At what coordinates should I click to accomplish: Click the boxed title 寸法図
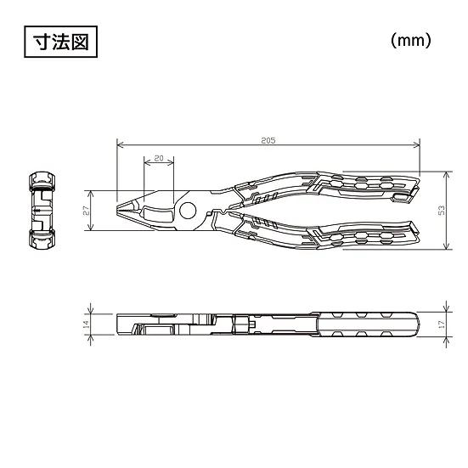tap(55, 41)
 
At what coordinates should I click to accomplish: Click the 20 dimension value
tap(159, 159)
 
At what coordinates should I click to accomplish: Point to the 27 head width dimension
tap(87, 210)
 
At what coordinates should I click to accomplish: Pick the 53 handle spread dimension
tap(442, 210)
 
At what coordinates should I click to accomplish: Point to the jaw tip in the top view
tap(120, 206)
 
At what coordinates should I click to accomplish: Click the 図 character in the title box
tap(75, 41)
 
